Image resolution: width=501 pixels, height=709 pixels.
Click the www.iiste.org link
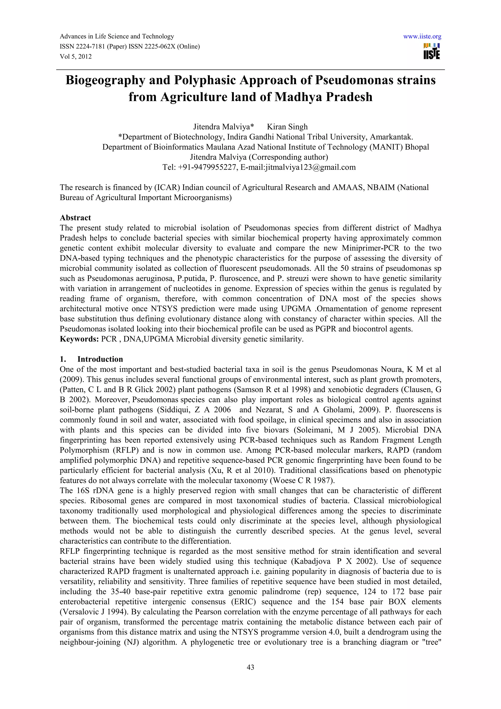[422, 37]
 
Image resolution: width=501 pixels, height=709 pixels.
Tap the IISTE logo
[432, 51]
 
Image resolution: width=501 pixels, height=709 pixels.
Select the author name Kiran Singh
[287, 127]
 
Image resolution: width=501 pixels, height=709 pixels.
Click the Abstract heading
[75, 218]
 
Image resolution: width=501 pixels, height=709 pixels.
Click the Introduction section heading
[100, 359]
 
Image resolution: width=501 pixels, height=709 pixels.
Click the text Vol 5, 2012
[76, 57]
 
